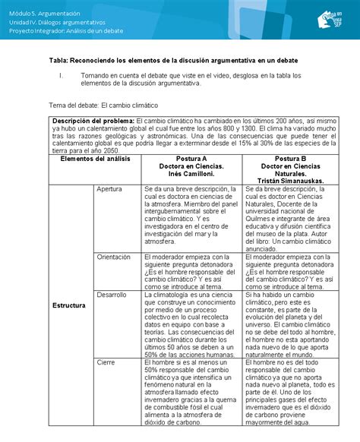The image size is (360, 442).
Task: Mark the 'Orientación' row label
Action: tap(115, 257)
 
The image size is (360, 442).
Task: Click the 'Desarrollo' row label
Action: tap(112, 293)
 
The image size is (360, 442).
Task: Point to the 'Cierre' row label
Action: tap(106, 362)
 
